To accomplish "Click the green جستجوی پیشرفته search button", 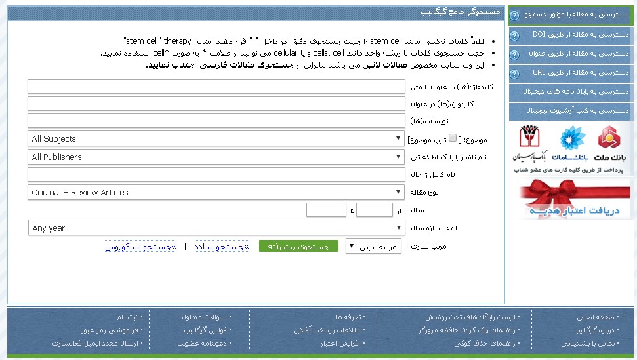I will [298, 247].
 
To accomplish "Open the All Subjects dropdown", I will [216, 139].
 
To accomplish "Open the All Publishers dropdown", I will [216, 157].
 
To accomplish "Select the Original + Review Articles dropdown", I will [216, 193].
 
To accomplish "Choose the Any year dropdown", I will [216, 228].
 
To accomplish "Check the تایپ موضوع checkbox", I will [453, 138].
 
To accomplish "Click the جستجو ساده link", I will [222, 247].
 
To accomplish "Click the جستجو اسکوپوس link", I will [140, 247].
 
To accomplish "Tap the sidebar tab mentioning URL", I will [571, 72].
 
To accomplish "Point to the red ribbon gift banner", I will [574, 199].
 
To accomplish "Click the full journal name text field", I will [216, 174].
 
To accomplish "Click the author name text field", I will [216, 121].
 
